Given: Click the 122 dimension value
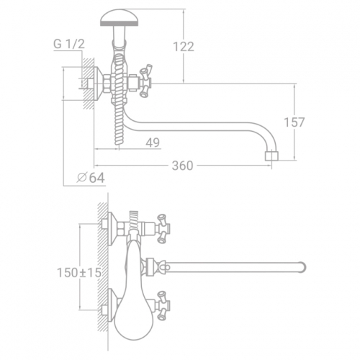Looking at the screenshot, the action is click(x=184, y=47).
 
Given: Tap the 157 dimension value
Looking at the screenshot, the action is click(x=294, y=122).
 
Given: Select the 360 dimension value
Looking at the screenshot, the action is click(x=182, y=166).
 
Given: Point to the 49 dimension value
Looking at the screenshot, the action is click(x=153, y=143).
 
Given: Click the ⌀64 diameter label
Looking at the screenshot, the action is click(x=91, y=178).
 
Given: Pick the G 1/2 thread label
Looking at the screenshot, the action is click(x=69, y=44).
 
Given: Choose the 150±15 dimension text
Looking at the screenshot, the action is click(x=79, y=273).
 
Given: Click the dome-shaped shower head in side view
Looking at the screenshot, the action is click(x=119, y=17).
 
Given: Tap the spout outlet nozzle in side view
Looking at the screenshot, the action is click(x=271, y=156).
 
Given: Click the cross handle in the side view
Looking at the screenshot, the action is click(x=146, y=81).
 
